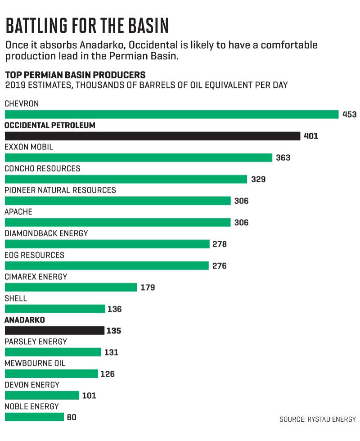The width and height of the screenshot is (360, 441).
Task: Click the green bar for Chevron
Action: tap(171, 114)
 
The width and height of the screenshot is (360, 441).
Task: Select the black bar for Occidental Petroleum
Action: tap(153, 136)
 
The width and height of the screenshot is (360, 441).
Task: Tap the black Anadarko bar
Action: tap(54, 331)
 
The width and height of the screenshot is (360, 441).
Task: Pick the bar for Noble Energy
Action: tap(34, 417)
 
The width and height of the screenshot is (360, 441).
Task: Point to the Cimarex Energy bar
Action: tap(71, 288)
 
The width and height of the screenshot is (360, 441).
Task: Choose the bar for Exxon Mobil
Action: tap(139, 158)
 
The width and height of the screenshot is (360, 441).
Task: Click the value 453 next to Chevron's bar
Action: tap(349, 114)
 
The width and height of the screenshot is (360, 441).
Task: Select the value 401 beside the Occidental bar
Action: tap(311, 136)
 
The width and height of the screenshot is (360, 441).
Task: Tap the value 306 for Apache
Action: tap(241, 222)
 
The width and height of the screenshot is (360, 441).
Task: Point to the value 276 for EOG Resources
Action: tap(220, 266)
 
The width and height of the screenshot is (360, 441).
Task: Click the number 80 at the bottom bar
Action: tap(72, 417)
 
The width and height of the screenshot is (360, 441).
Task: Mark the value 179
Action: tap(148, 288)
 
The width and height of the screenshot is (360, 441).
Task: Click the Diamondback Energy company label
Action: tap(46, 234)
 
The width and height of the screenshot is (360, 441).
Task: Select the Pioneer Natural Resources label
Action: tap(60, 190)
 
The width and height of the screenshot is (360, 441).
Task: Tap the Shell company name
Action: tap(16, 298)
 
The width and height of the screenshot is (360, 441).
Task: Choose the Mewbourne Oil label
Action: tap(35, 364)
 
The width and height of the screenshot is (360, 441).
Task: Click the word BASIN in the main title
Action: tap(148, 26)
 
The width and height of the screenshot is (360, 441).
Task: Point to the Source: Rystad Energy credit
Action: tap(318, 419)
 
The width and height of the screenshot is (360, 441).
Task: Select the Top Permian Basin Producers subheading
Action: tap(76, 75)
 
